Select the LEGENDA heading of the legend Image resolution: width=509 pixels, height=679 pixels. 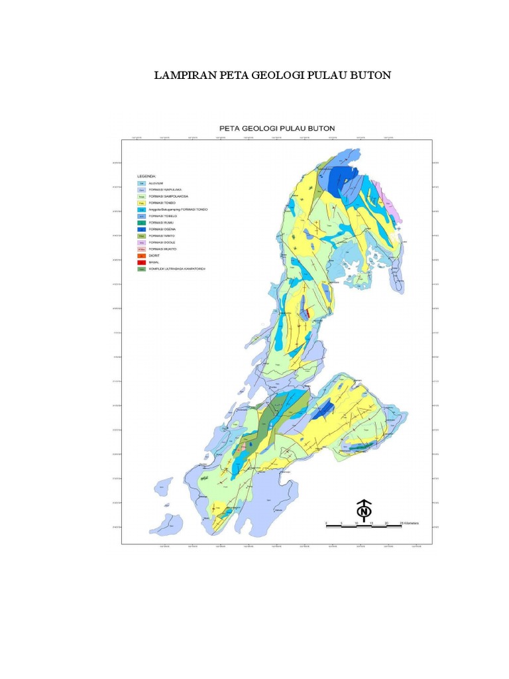(147, 176)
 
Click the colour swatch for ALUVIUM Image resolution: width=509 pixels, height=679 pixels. (141, 183)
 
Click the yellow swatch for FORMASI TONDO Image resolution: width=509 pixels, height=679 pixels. (141, 203)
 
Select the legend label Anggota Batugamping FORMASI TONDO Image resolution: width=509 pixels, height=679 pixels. (178, 210)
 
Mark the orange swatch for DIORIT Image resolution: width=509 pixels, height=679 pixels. (141, 256)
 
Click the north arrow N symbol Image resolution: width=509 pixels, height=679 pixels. (363, 511)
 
